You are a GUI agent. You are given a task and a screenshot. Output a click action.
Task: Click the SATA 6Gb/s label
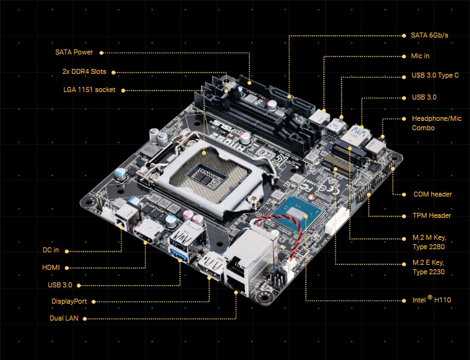pyautogui.click(x=429, y=35)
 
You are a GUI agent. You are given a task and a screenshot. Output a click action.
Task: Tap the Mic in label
pyautogui.click(x=420, y=56)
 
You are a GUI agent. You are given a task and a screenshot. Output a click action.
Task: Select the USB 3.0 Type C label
pyautogui.click(x=435, y=76)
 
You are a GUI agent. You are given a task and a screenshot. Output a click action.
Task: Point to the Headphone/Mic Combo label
pyautogui.click(x=436, y=123)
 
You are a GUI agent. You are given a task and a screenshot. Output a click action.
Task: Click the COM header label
pyautogui.click(x=432, y=194)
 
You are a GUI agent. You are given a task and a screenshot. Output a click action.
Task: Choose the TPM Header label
pyautogui.click(x=432, y=215)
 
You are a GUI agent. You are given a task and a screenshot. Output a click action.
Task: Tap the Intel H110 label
pyautogui.click(x=431, y=300)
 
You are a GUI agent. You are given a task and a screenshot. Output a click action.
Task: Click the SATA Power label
pyautogui.click(x=74, y=52)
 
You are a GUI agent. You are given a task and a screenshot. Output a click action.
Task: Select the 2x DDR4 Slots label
pyautogui.click(x=84, y=71)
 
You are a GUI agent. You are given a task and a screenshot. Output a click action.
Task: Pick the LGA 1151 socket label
pyautogui.click(x=90, y=90)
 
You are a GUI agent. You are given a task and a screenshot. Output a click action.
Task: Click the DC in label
pyautogui.click(x=51, y=250)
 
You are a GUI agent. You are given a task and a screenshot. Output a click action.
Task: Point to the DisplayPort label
pyautogui.click(x=69, y=301)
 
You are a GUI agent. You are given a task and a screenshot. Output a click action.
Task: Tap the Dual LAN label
pyautogui.click(x=64, y=318)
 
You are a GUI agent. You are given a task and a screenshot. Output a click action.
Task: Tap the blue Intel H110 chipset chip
pyautogui.click(x=296, y=213)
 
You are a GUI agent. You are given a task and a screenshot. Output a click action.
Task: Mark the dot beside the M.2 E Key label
pyautogui.click(x=405, y=264)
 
